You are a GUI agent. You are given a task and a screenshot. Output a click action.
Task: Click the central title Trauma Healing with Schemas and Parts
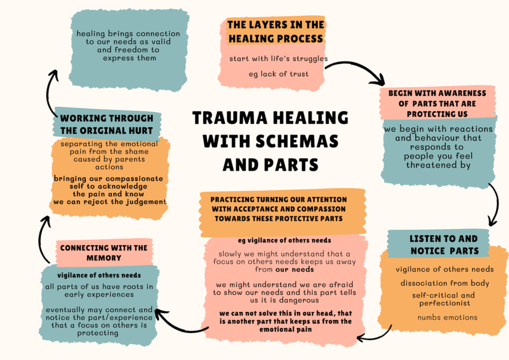coord(270,141)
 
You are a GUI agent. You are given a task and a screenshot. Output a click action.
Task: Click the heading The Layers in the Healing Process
coord(275,31)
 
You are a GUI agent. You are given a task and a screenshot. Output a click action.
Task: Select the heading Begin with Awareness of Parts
coord(437,103)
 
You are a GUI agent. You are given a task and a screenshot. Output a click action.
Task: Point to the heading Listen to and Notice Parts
coord(443,245)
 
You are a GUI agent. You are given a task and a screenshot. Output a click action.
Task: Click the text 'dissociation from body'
coord(445,283)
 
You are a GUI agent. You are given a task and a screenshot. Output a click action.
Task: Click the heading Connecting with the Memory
coord(104,253)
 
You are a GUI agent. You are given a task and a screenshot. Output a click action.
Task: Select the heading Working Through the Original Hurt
coord(106,124)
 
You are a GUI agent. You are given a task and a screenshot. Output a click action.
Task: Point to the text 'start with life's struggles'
coord(278,59)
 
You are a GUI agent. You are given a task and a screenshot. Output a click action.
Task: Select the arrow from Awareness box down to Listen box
coord(495,204)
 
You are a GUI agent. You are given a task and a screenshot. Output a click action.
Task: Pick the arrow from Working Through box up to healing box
coord(51,90)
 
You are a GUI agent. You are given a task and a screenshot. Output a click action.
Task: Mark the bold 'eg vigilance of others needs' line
coord(284,241)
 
